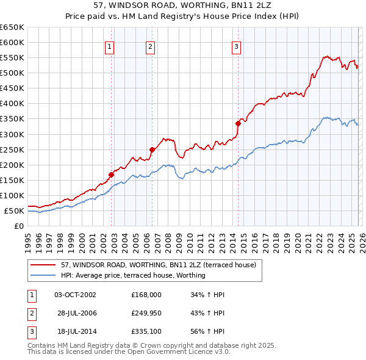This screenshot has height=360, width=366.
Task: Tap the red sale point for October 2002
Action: pos(112,175)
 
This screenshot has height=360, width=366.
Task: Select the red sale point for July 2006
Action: pos(152,149)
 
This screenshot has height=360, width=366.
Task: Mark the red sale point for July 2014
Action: pos(238,123)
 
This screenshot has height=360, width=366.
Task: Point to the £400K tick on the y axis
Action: pos(12,104)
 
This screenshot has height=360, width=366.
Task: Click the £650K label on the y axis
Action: pos(12,27)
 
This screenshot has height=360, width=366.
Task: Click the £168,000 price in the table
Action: pos(146,295)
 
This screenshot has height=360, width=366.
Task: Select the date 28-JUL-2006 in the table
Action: pos(75,312)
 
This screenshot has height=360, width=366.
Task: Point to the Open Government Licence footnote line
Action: pos(120,353)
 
